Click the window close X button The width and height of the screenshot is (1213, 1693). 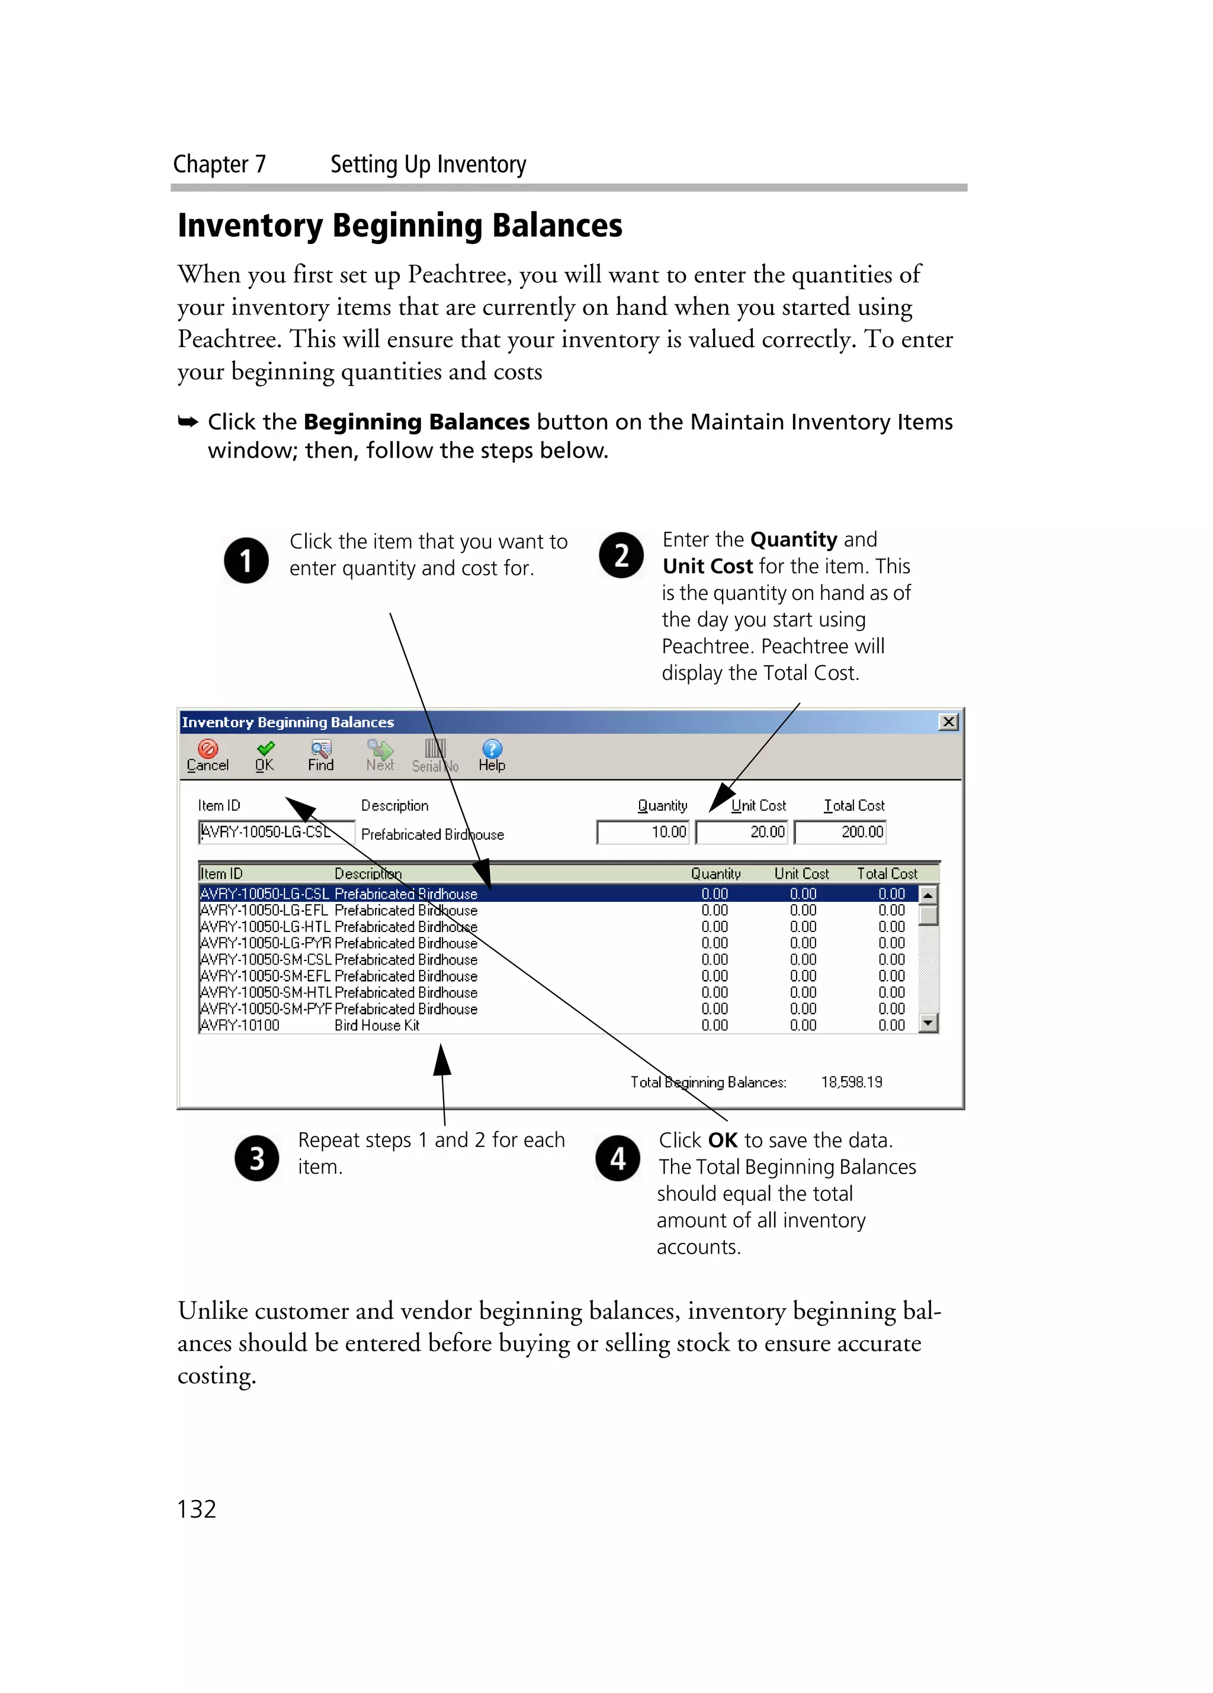coord(948,722)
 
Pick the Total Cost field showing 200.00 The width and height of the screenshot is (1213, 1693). coord(840,831)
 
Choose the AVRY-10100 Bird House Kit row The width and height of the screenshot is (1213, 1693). coord(448,1026)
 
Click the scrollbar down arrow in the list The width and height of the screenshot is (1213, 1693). coord(928,1023)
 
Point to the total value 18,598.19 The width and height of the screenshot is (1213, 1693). coord(852,1082)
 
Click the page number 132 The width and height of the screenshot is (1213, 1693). coord(196,1509)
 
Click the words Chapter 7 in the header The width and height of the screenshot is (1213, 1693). coord(220,164)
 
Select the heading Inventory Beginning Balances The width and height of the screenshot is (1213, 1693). coord(400,226)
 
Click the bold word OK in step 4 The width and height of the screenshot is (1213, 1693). coord(722,1140)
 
